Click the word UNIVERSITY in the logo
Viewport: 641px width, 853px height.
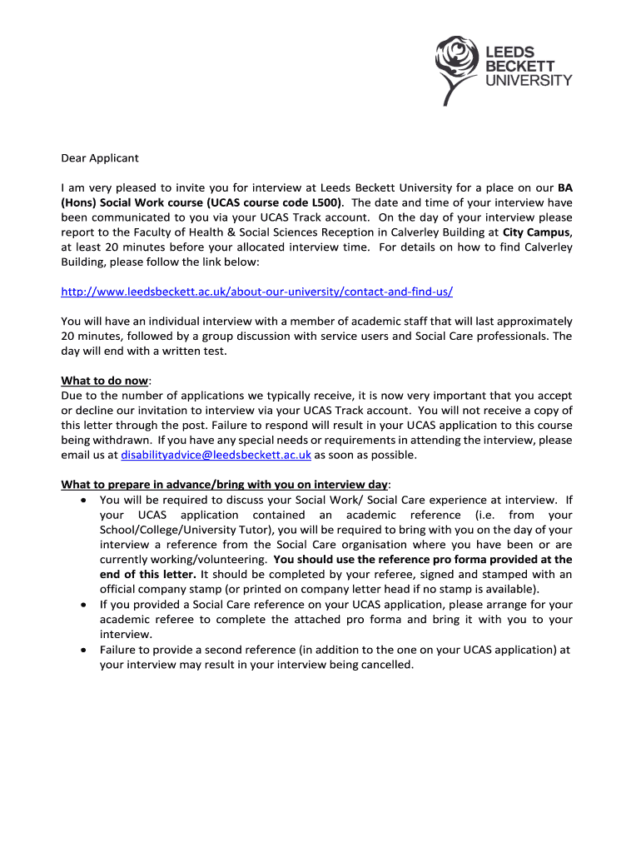[x=529, y=80]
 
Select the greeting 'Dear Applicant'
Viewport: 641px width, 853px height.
[x=100, y=157]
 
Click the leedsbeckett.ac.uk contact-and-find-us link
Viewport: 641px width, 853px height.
[x=257, y=292]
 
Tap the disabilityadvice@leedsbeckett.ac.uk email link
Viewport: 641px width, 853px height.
[x=216, y=455]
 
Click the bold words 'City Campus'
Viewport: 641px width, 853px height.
[x=536, y=232]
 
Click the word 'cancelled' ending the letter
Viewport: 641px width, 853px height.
[x=385, y=665]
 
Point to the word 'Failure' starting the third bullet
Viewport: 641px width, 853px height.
[x=120, y=650]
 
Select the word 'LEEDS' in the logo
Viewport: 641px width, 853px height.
[x=509, y=51]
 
